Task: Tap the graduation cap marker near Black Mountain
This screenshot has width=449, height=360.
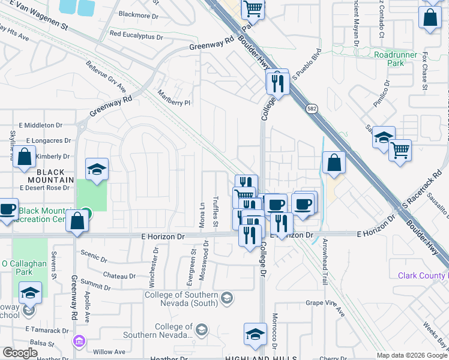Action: (x=96, y=170)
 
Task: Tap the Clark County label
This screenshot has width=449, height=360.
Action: (x=423, y=275)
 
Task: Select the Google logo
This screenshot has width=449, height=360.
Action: (x=20, y=353)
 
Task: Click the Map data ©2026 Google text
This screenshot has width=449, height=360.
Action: (x=411, y=355)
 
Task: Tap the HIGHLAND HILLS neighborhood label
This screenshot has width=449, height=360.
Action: (x=261, y=358)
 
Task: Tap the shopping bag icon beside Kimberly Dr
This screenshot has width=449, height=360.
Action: (x=25, y=158)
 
